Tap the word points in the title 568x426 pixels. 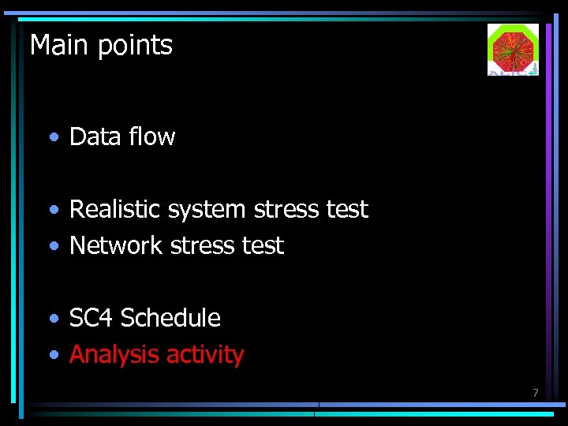pos(136,47)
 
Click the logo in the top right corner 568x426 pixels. pos(513,49)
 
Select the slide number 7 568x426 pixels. pos(535,393)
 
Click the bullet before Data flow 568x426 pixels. pos(52,138)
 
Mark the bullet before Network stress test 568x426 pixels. pos(52,247)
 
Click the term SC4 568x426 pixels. pos(92,318)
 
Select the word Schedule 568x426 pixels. pos(170,318)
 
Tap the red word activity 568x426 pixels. pos(206,355)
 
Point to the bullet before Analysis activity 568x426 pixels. pos(52,356)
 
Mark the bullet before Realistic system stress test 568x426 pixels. pos(52,211)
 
